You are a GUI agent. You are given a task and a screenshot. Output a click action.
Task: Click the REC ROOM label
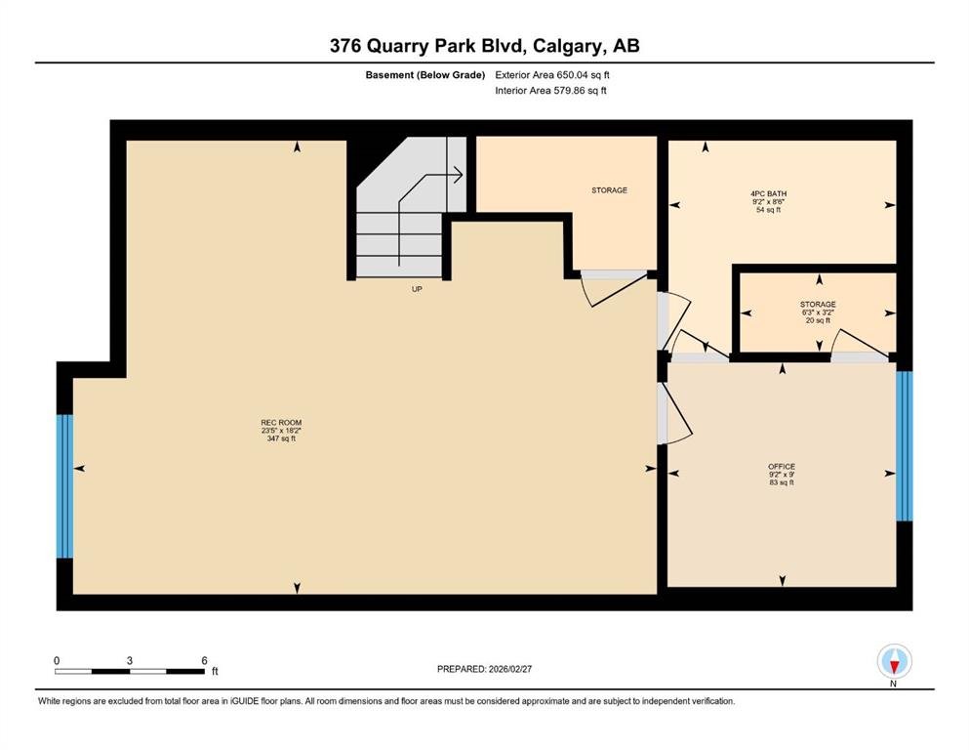(x=281, y=423)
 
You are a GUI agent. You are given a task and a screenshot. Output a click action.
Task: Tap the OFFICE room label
(x=782, y=467)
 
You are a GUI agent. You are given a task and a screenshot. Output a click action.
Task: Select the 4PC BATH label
(x=769, y=194)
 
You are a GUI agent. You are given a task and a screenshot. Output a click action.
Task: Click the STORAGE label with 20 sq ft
(x=818, y=305)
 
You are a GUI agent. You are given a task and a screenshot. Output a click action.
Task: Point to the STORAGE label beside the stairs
(x=609, y=190)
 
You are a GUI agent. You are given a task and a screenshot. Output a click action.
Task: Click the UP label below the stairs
(x=417, y=289)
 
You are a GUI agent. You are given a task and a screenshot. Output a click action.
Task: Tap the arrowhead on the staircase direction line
(x=459, y=175)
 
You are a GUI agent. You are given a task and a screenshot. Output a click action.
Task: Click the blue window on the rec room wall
(x=64, y=486)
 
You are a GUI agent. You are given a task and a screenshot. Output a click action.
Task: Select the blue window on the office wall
(x=905, y=445)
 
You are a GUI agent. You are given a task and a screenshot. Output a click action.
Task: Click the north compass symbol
(x=894, y=661)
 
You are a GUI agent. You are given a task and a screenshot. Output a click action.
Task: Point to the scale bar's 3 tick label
(x=130, y=660)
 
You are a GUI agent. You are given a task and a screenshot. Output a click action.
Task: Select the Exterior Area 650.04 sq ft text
(x=552, y=75)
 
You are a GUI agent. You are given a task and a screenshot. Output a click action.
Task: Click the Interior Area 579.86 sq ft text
(x=550, y=90)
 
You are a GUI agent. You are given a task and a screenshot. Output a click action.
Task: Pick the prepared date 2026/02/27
(x=509, y=669)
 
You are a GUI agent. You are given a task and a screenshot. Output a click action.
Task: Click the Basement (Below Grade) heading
(x=425, y=75)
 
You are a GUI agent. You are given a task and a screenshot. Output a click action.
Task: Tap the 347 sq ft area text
(x=281, y=438)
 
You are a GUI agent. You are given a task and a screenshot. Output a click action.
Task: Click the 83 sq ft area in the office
(x=782, y=482)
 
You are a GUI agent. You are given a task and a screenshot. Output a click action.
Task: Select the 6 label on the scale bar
(x=205, y=660)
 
